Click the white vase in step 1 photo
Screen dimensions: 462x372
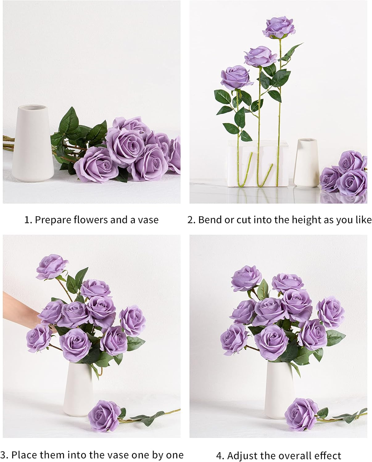tap(33, 145)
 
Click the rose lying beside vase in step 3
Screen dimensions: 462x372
tap(104, 416)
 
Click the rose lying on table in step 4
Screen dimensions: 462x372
tap(301, 413)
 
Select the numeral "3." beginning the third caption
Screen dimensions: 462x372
tap(4, 455)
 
